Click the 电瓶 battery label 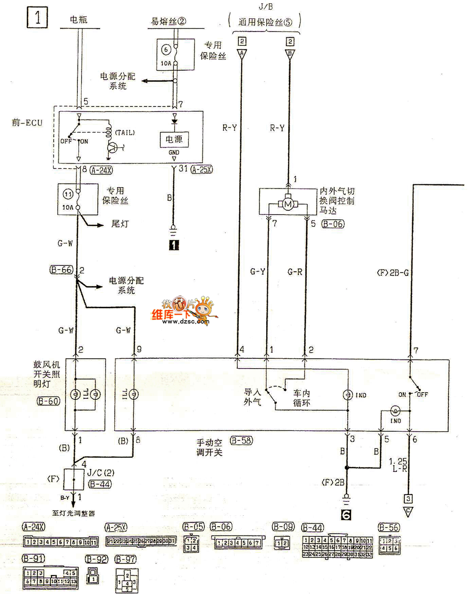click(x=78, y=20)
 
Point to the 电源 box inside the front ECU click(x=174, y=139)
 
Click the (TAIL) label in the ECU click(x=125, y=132)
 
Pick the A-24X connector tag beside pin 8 click(x=101, y=170)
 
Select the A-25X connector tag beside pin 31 click(x=202, y=170)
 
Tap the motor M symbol click(x=287, y=204)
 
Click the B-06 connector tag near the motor click(x=333, y=224)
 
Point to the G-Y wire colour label click(x=258, y=272)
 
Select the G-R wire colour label click(x=295, y=272)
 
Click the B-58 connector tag click(x=241, y=441)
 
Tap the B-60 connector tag click(x=48, y=401)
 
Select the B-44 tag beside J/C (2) click(x=100, y=484)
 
